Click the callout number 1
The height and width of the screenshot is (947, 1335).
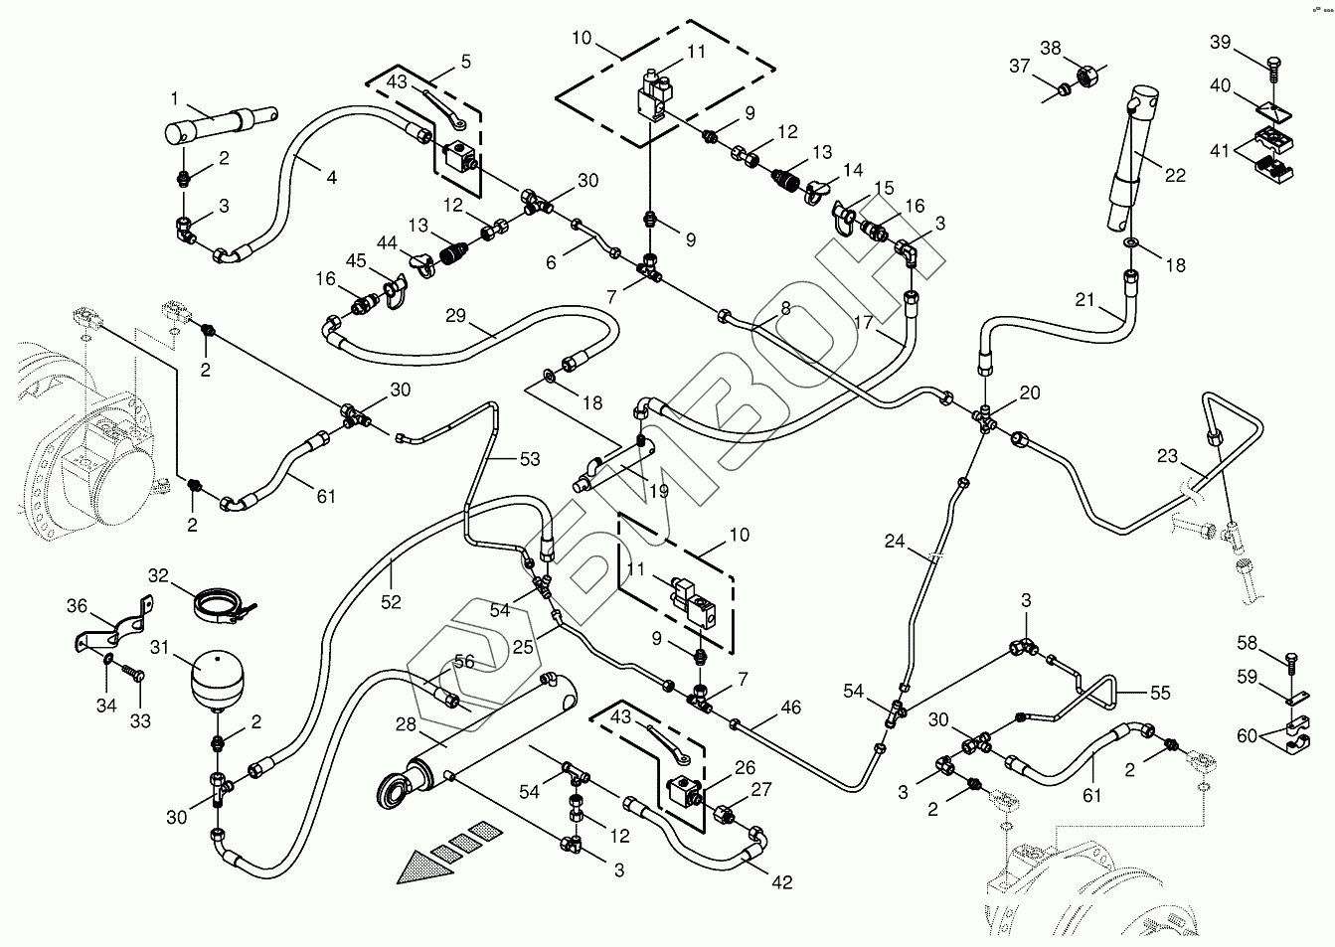(174, 98)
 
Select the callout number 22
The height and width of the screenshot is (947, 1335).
(1175, 175)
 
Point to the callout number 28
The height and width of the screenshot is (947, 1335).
(405, 724)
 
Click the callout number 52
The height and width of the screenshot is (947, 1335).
(391, 601)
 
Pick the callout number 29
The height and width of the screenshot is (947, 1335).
(455, 315)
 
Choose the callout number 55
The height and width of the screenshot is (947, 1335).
(1159, 694)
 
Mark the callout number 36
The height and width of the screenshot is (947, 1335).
(78, 605)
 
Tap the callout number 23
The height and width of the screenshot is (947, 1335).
(1167, 457)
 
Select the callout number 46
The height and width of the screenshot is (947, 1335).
(790, 708)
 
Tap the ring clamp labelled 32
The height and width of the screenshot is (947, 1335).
(220, 603)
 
